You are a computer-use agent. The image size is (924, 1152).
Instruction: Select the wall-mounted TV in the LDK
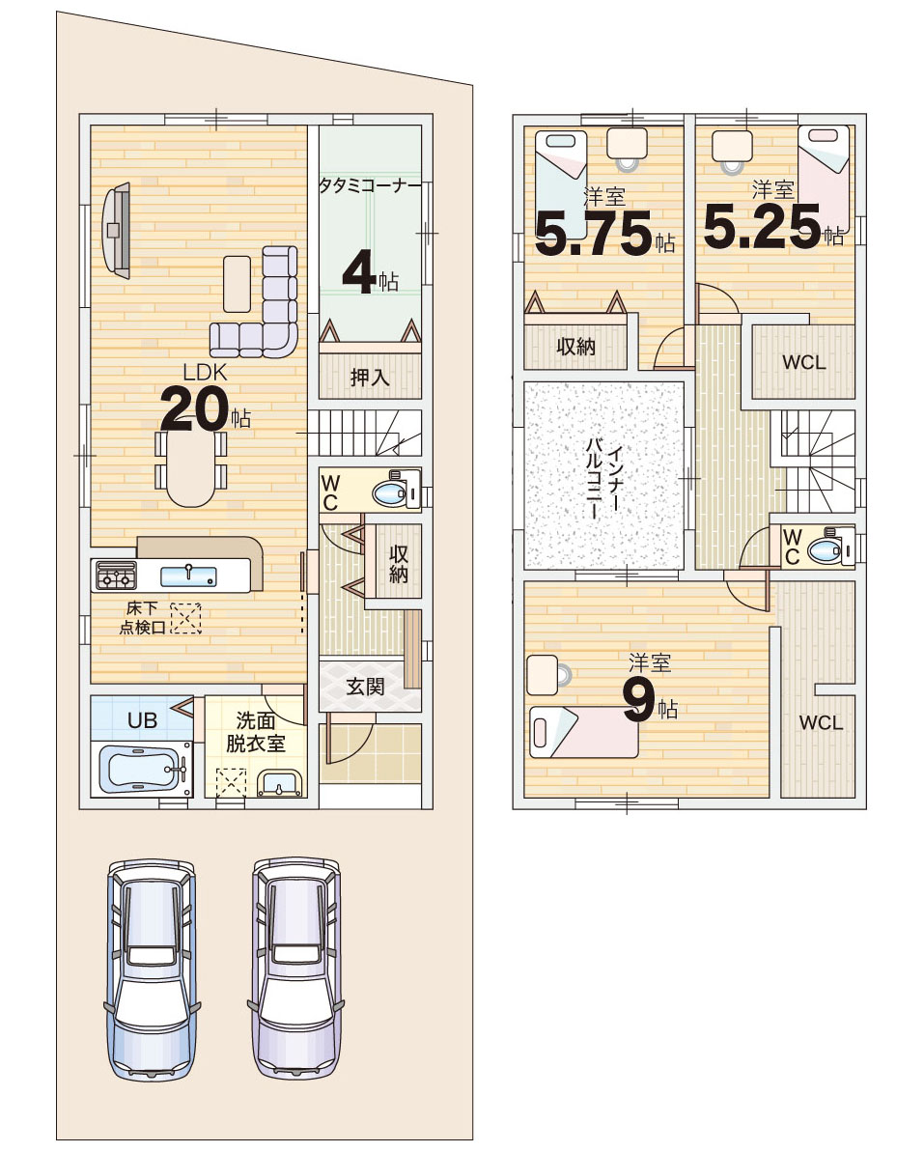click(116, 230)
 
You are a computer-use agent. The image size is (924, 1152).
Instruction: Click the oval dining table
click(191, 465)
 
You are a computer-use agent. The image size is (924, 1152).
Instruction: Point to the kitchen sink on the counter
click(188, 576)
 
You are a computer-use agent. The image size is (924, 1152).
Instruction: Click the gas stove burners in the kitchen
click(115, 576)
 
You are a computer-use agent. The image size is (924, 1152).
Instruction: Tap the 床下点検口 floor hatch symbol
click(185, 618)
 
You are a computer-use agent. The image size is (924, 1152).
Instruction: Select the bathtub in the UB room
click(144, 769)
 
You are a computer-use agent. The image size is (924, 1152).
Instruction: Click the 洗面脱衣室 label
click(256, 732)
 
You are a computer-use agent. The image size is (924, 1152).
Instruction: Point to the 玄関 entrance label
click(365, 687)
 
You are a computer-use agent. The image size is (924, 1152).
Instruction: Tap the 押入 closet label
click(370, 378)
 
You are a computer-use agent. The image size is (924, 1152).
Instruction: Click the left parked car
click(153, 969)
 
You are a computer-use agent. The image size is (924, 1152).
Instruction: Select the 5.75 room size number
click(594, 233)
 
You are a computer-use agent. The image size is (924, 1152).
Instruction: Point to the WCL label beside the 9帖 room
click(821, 723)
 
